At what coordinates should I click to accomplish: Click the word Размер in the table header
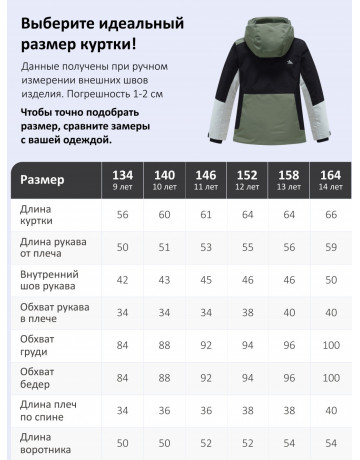pos(42,180)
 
